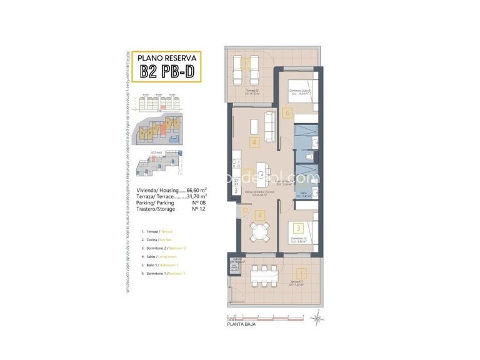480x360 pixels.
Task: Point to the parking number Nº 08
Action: (x=199, y=202)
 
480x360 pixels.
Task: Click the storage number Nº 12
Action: (x=199, y=209)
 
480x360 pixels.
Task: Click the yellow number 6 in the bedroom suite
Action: (x=287, y=113)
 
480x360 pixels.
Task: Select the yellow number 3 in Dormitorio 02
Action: (x=299, y=229)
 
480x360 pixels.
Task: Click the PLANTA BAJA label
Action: (x=241, y=324)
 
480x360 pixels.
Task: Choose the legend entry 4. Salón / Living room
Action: (x=159, y=257)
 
